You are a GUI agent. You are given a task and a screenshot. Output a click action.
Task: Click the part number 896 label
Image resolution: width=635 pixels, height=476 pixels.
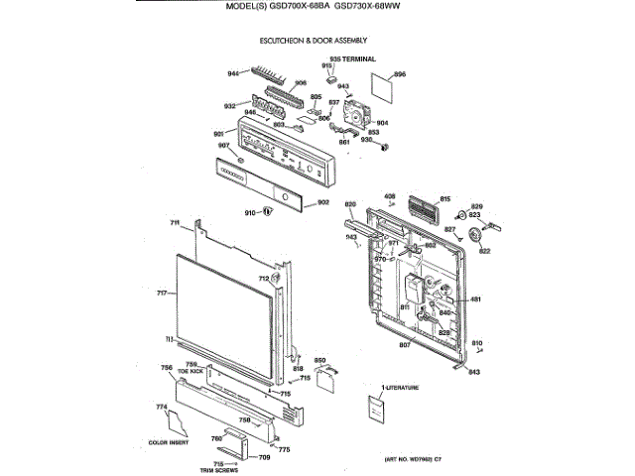401,74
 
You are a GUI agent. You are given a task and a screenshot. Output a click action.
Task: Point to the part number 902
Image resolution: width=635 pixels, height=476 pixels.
323,202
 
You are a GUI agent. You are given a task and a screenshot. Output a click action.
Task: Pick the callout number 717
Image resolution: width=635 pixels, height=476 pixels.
162,294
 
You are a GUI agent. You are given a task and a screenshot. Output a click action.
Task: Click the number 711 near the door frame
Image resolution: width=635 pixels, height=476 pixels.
174,222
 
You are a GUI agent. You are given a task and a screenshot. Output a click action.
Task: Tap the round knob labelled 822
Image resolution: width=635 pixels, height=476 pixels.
481,236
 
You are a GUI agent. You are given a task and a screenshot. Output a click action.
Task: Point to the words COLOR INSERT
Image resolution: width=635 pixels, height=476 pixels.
168,442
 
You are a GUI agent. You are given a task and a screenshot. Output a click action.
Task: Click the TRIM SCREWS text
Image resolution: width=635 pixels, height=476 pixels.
219,470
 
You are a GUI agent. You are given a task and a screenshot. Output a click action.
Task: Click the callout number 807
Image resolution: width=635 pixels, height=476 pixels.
406,345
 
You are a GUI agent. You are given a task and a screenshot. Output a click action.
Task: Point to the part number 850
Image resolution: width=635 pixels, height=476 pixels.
320,360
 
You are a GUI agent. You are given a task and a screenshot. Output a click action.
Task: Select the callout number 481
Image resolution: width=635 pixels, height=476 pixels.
475,299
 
